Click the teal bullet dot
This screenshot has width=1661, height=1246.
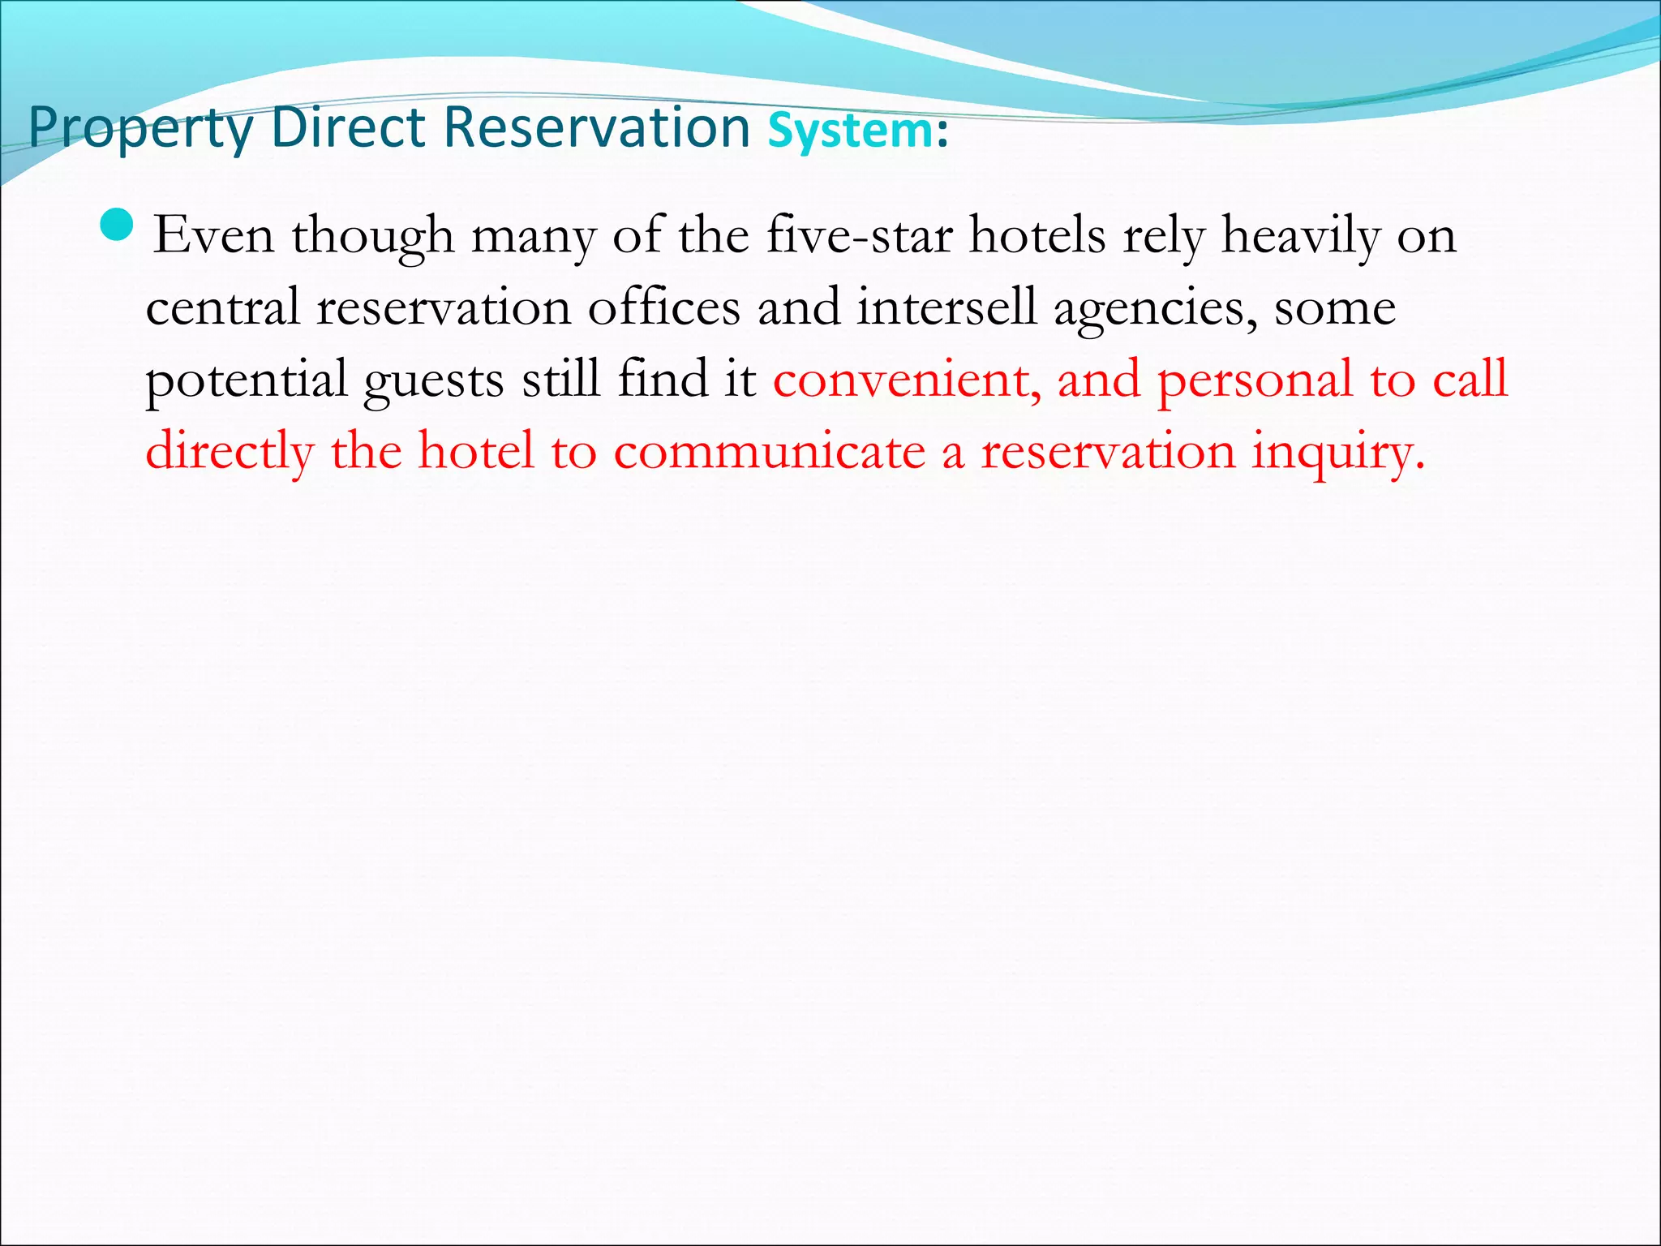[x=118, y=226]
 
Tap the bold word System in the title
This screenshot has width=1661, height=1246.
[x=850, y=131]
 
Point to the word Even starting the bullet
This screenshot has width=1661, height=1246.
[x=213, y=236]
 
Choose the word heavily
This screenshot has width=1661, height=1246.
[x=1300, y=236]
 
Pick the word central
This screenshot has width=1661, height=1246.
[x=223, y=307]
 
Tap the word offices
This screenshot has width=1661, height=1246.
[x=663, y=307]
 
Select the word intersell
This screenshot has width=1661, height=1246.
[x=946, y=307]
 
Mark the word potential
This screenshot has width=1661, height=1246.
[x=246, y=380]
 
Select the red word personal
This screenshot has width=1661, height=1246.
[x=1255, y=380]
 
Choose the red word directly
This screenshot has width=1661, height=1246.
[x=230, y=451]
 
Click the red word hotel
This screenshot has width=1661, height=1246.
[x=475, y=450]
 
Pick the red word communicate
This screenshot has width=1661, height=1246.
[x=769, y=451]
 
